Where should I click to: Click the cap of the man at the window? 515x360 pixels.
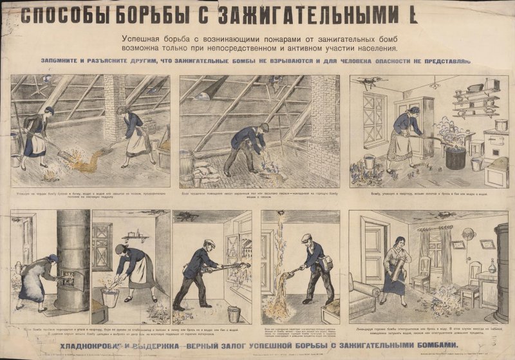coord(207,244)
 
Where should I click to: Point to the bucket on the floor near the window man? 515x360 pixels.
coord(234,314)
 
